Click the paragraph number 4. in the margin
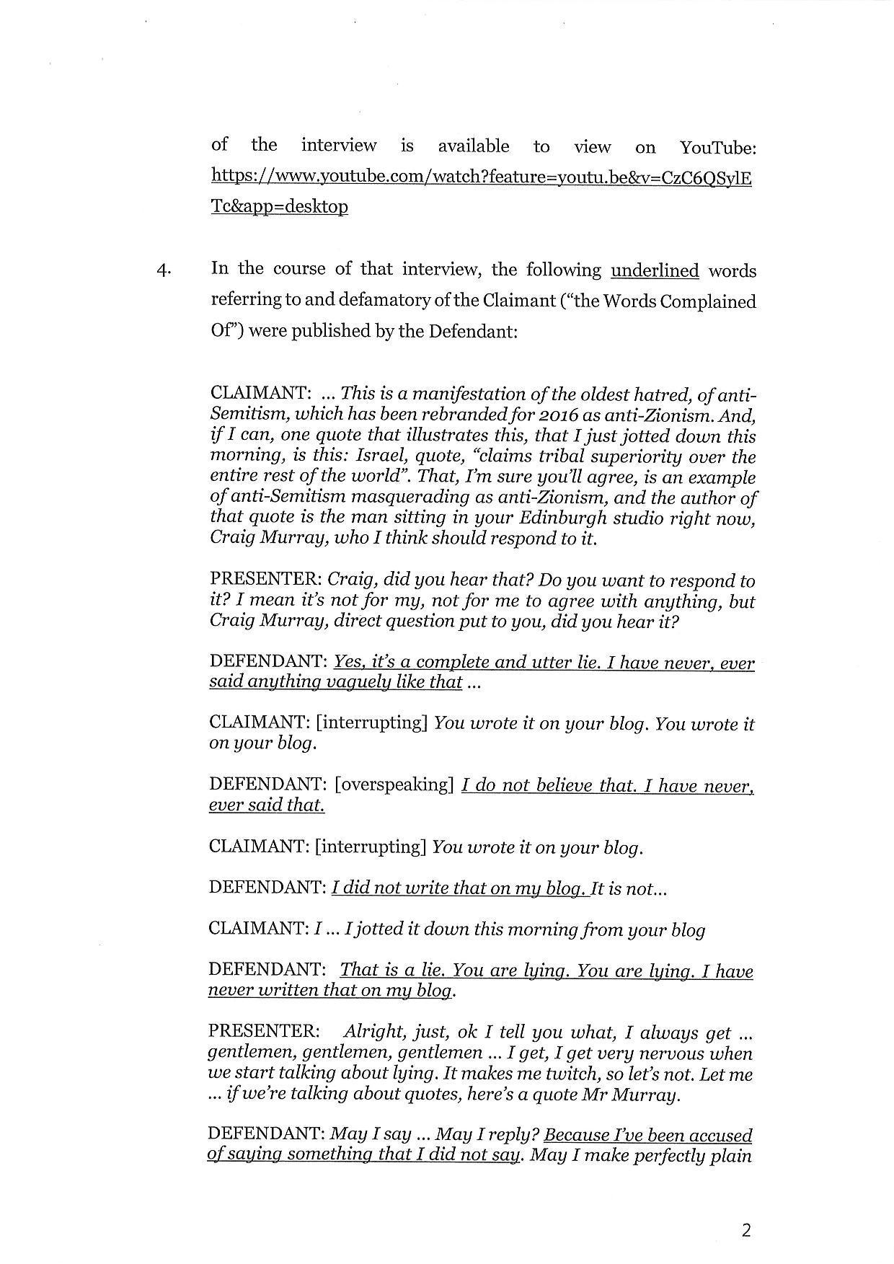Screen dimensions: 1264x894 (164, 271)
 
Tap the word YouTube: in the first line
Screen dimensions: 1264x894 (717, 148)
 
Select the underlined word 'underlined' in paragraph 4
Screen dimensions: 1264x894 (655, 271)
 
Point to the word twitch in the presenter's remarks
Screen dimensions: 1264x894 (554, 1074)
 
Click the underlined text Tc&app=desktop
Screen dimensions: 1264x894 (279, 207)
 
